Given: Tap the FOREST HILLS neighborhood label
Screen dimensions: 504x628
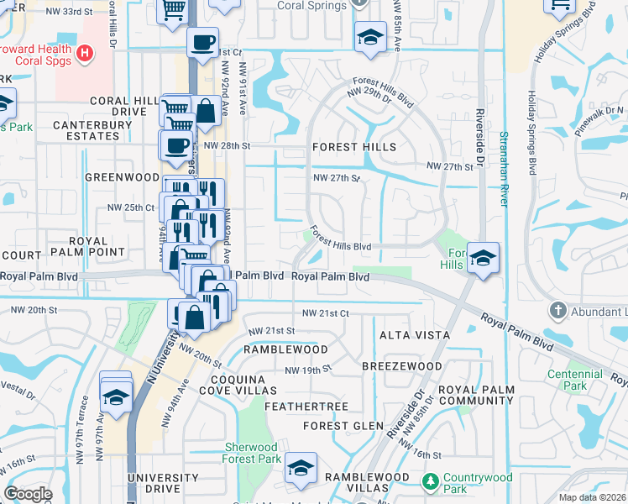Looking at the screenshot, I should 353,146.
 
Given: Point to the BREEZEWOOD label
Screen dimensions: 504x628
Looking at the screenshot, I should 401,367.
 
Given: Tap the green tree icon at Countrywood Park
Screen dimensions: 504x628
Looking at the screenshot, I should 430,480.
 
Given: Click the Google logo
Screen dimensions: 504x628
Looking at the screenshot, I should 29,494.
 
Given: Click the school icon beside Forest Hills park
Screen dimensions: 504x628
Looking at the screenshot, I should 484,258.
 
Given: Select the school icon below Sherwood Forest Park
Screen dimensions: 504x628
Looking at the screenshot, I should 301,469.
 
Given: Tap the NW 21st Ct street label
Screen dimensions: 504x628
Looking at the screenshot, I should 325,312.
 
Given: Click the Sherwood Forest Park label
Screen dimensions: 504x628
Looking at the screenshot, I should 252,454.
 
